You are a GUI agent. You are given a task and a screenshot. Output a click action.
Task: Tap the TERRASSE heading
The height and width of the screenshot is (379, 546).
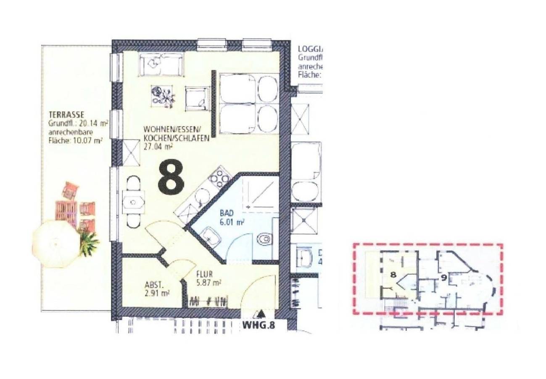pos(67,115)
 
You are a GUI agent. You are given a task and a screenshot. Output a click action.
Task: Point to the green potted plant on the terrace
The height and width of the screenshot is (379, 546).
pos(88,244)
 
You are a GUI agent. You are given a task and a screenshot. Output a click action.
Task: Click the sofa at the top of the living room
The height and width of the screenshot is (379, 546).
pos(161,64)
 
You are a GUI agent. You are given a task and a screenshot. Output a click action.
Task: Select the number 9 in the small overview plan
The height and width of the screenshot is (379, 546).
pos(443,278)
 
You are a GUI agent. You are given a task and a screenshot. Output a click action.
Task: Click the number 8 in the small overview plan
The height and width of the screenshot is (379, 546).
pos(393,274)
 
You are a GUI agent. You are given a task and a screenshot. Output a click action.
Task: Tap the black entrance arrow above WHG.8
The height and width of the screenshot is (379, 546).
pos(261,314)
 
